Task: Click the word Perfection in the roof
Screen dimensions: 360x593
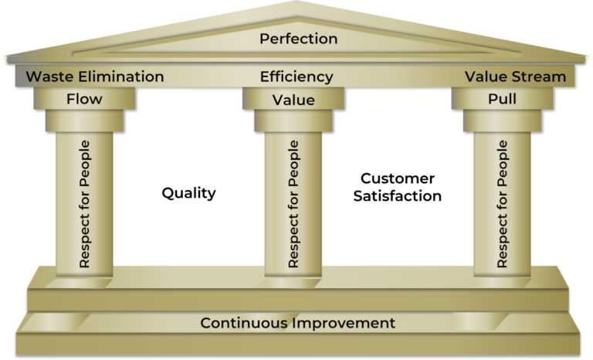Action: click(298, 38)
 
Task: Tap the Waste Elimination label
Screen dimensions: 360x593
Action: click(95, 76)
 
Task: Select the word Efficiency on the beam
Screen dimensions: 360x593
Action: click(296, 76)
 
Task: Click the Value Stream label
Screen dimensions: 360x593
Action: click(515, 76)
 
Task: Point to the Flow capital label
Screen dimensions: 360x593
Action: click(84, 99)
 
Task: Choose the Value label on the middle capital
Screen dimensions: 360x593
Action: click(293, 100)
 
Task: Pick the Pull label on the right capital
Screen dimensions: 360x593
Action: click(502, 99)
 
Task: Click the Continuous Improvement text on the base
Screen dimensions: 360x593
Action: click(298, 323)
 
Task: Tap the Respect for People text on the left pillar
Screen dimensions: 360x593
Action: click(84, 204)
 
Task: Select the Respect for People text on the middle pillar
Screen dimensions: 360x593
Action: click(293, 204)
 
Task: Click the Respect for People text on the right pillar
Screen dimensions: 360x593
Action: click(503, 204)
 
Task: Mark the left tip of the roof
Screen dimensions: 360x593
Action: click(4, 59)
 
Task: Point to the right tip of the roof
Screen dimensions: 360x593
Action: click(589, 59)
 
